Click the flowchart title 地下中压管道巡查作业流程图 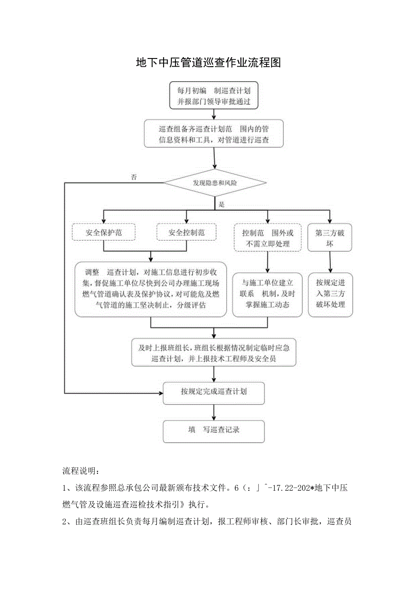coord(208,63)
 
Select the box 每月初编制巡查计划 coord(214,96)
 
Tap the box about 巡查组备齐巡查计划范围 coord(214,134)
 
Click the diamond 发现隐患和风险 coord(214,183)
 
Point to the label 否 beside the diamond coord(134,177)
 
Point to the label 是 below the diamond coord(222,205)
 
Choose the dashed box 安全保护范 coord(104,233)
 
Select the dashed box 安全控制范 coord(186,233)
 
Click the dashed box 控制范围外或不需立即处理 coord(267,238)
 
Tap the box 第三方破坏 coord(330,238)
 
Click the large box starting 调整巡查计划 coord(151,289)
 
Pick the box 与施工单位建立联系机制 coord(267,293)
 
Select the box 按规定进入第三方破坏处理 coord(330,293)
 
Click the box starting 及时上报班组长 coord(214,353)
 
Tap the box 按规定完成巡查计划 coord(214,391)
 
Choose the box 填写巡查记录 coord(214,429)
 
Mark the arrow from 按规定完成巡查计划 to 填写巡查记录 coord(214,411)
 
